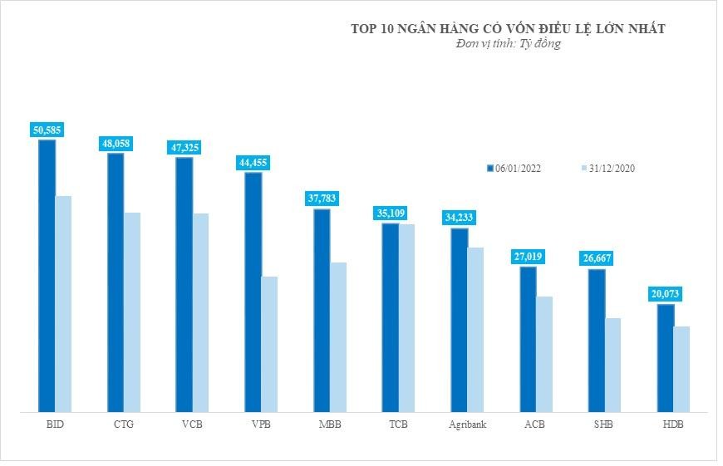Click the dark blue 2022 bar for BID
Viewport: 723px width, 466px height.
(47, 275)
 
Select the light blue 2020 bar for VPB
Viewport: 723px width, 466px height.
(269, 344)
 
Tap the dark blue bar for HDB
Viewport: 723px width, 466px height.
(666, 357)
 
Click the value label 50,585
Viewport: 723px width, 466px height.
(47, 130)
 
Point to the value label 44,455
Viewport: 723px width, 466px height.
(253, 163)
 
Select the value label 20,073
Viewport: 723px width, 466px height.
(666, 294)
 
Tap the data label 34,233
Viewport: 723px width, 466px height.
(459, 218)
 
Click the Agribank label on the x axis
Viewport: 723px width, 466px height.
(468, 424)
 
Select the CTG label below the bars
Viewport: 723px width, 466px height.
(124, 424)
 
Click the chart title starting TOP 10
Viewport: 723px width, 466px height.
(509, 28)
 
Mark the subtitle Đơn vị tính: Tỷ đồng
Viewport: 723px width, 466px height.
(509, 43)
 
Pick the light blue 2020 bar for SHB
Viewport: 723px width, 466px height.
(612, 365)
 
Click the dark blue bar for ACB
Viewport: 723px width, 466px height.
(528, 339)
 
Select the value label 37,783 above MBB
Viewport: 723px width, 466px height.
(322, 198)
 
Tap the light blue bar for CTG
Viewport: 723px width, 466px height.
(132, 311)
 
